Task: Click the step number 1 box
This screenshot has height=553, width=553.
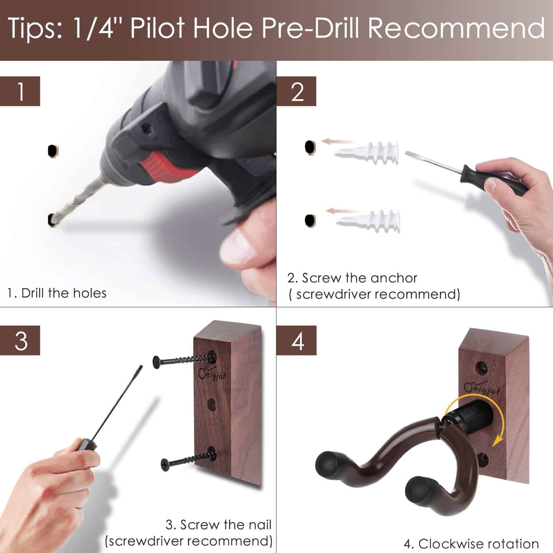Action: [x=20, y=91]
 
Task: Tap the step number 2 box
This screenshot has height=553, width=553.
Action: [x=297, y=91]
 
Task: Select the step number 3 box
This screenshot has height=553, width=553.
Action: [x=20, y=340]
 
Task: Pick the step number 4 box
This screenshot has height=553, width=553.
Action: [x=297, y=340]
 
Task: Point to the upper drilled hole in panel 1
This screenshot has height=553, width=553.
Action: [x=53, y=151]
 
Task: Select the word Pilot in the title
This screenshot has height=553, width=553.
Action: [x=157, y=28]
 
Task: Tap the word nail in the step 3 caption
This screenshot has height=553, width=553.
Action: [x=257, y=525]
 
